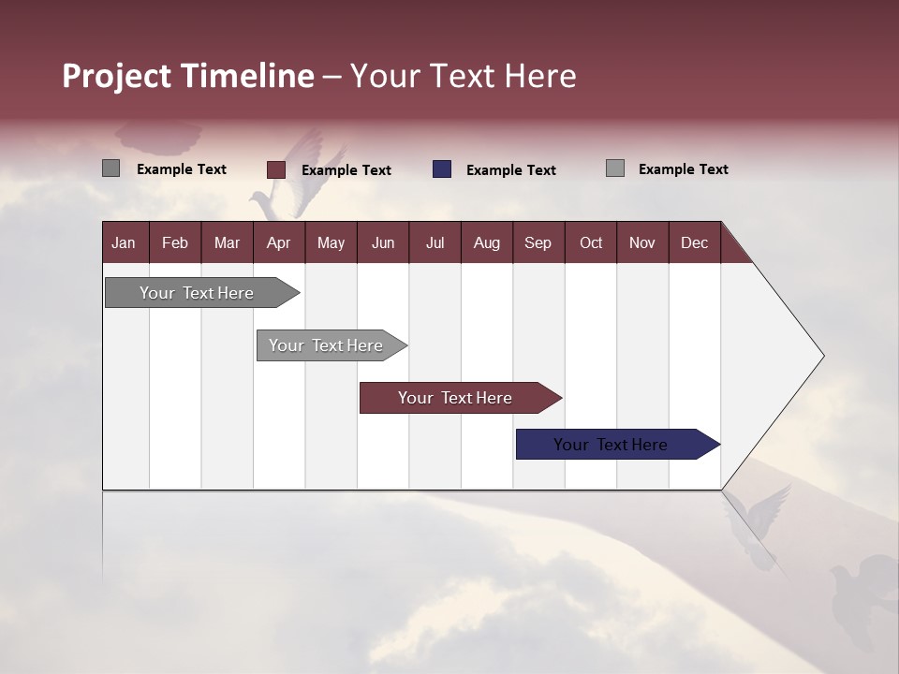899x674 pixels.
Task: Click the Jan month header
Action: point(124,242)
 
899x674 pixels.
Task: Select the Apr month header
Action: point(278,242)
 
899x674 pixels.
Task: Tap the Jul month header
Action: point(435,242)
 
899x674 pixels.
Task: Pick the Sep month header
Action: point(538,242)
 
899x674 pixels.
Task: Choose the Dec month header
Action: point(694,242)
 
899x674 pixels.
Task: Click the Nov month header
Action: point(641,242)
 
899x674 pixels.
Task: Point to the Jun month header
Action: point(382,242)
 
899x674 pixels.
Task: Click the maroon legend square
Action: point(275,169)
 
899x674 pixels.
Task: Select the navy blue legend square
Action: point(442,169)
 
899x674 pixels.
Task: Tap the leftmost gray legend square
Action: point(111,168)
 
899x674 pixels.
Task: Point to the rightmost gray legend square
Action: point(614,168)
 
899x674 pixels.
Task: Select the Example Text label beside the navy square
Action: point(510,170)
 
